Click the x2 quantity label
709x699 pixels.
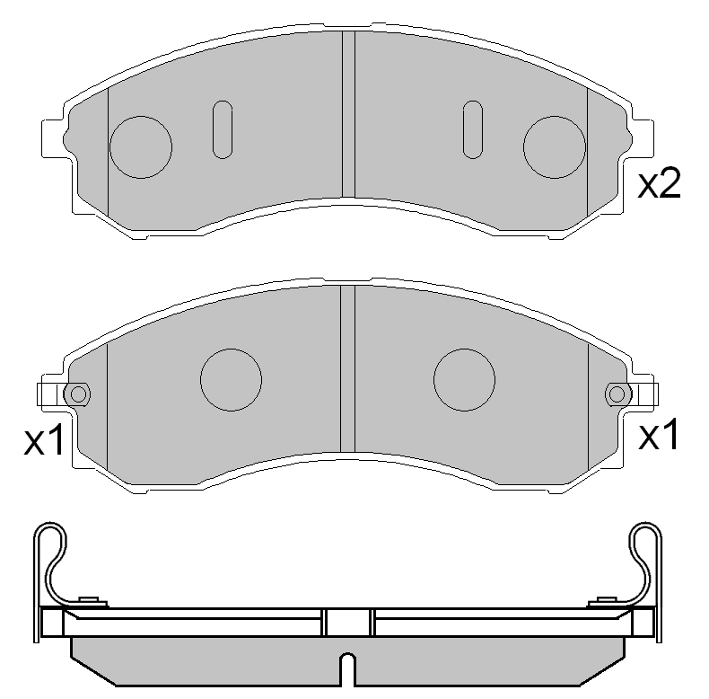[x=660, y=184]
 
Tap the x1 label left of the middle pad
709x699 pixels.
[x=44, y=440]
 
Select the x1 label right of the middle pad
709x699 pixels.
[x=660, y=437]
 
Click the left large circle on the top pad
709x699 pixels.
[x=140, y=146]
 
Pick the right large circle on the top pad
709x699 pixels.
[x=555, y=146]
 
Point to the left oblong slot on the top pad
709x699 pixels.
[x=222, y=129]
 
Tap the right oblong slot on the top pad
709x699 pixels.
[x=473, y=129]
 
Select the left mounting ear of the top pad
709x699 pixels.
[x=53, y=139]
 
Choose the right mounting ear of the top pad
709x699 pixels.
[x=643, y=139]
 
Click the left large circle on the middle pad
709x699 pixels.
[x=231, y=378]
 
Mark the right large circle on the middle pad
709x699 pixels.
[x=464, y=378]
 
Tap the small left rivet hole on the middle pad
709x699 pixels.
[x=78, y=394]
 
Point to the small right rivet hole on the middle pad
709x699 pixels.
[x=617, y=394]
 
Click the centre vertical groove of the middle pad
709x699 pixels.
[x=348, y=368]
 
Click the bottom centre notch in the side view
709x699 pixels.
[x=348, y=669]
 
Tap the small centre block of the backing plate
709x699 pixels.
[x=348, y=623]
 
